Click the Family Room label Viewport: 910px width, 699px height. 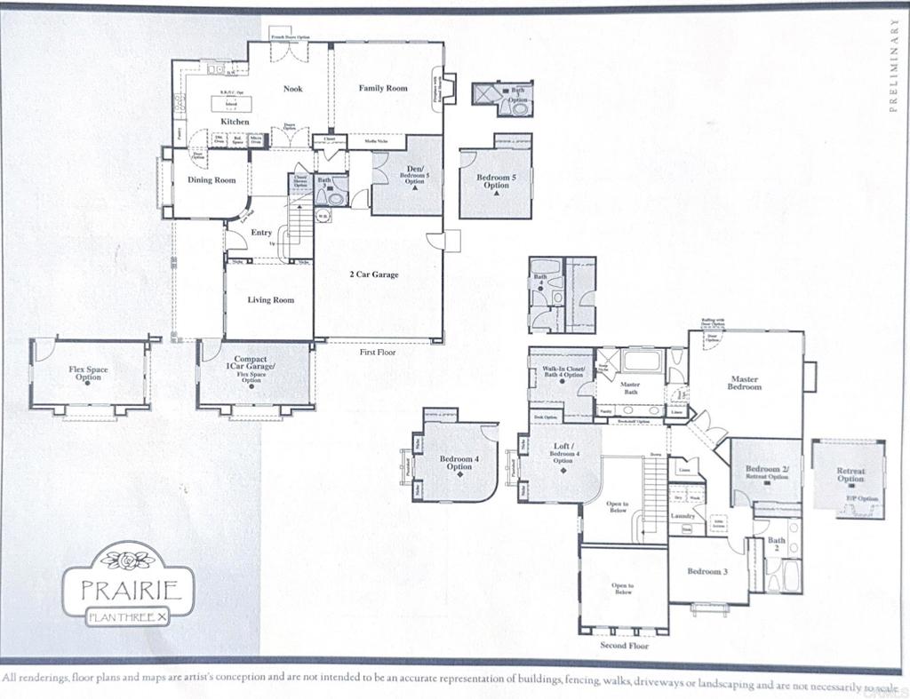383,89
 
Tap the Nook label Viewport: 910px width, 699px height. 293,89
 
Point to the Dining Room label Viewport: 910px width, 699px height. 212,180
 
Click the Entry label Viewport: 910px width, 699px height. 261,233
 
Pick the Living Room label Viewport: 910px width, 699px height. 270,300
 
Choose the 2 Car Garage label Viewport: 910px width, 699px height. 373,274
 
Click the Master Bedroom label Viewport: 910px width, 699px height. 745,383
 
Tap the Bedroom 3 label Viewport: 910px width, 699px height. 707,571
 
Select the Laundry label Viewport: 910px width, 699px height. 682,515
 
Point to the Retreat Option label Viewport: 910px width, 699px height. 850,475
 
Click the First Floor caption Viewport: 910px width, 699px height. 378,353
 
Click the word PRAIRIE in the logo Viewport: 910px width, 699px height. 132,589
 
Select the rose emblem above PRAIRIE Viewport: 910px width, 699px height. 131,560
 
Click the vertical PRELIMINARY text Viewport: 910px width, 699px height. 894,68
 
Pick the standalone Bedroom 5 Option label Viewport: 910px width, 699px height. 496,182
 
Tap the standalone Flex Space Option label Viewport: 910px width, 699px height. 88,373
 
